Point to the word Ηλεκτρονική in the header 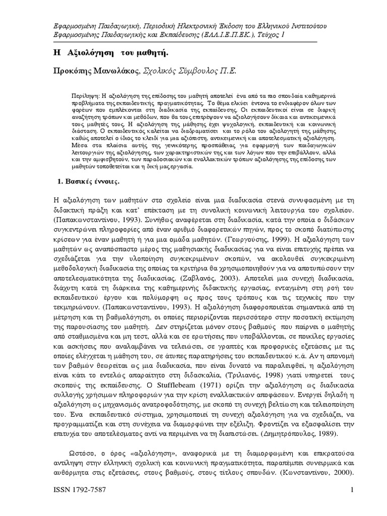[180, 25]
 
